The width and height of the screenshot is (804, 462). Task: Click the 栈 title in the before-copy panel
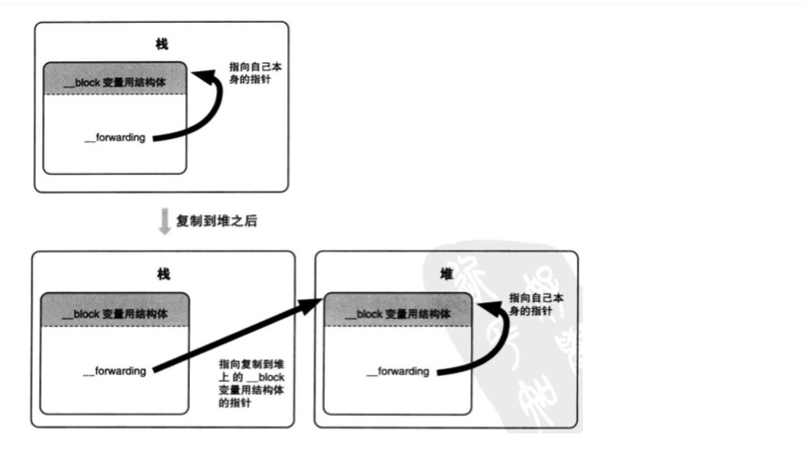point(162,44)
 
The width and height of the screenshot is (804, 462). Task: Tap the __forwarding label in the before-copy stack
point(116,137)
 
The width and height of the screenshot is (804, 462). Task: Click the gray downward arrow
point(164,221)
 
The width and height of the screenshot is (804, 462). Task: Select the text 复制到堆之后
point(216,221)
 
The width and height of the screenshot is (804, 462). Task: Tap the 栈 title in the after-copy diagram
point(163,272)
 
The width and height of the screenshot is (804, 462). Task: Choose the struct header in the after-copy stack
point(115,313)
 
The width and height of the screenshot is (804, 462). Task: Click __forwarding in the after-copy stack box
point(115,370)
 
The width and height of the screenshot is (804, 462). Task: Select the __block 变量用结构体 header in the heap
point(398,314)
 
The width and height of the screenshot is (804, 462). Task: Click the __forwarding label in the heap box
point(397,371)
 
